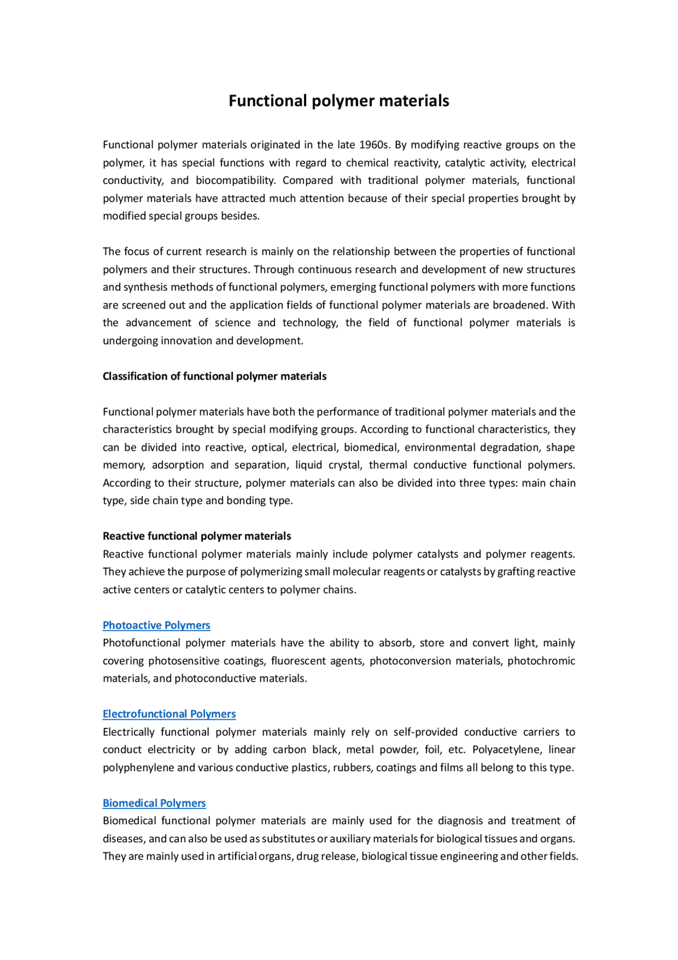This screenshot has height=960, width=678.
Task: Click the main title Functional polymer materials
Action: tap(338, 101)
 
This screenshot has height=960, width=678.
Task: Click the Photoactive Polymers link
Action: tap(156, 625)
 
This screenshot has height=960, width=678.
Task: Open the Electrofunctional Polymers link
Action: tap(169, 714)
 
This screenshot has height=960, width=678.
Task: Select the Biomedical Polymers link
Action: tap(154, 803)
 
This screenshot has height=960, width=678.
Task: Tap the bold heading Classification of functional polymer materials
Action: tap(215, 376)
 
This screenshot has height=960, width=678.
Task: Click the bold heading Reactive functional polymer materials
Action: tap(197, 536)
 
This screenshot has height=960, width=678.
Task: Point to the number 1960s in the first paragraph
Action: tap(374, 145)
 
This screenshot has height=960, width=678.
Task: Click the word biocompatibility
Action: tap(235, 180)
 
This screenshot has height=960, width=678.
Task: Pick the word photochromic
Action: tap(541, 661)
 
